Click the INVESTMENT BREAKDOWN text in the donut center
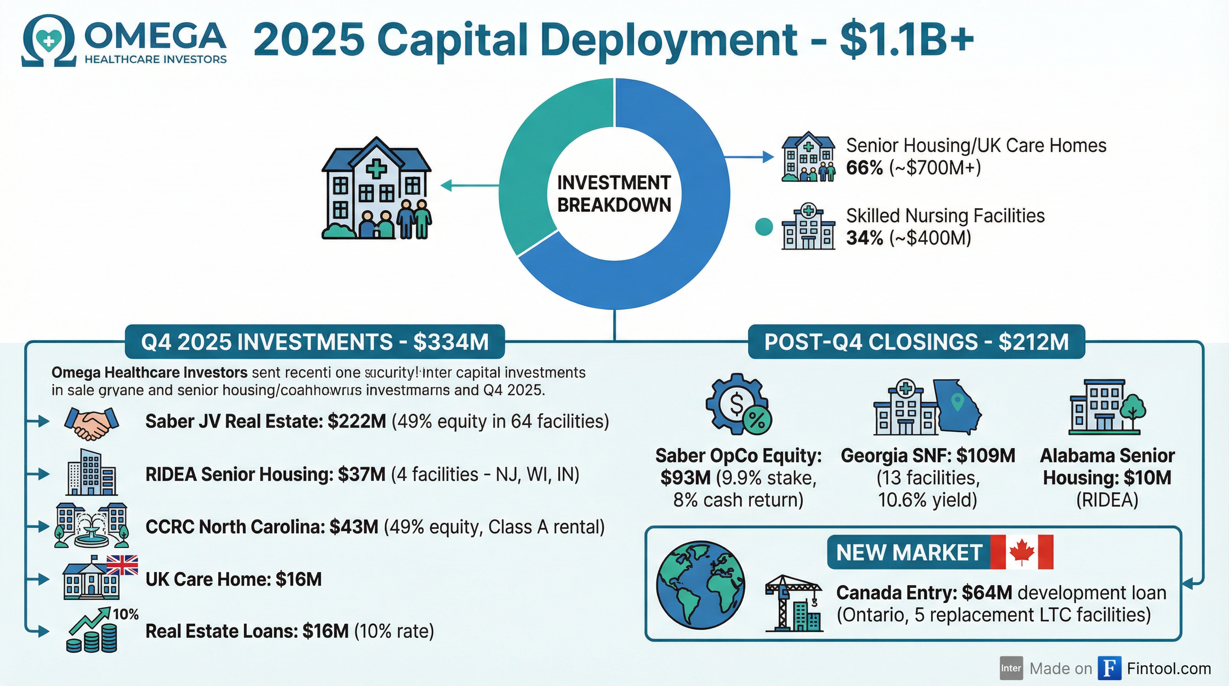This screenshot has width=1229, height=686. point(614,194)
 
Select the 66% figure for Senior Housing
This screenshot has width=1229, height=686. point(864,168)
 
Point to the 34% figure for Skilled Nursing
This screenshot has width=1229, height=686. point(864,238)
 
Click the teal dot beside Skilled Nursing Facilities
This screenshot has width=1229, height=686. point(764,226)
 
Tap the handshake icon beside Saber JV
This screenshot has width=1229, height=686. point(91,422)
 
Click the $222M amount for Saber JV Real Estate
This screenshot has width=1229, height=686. point(356,422)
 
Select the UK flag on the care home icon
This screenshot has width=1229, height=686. point(122,565)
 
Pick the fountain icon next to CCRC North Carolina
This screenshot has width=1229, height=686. point(91,527)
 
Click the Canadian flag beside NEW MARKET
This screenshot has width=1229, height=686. point(1021,552)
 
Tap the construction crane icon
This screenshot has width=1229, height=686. point(794,603)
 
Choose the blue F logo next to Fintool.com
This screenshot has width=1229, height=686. point(1109,668)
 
